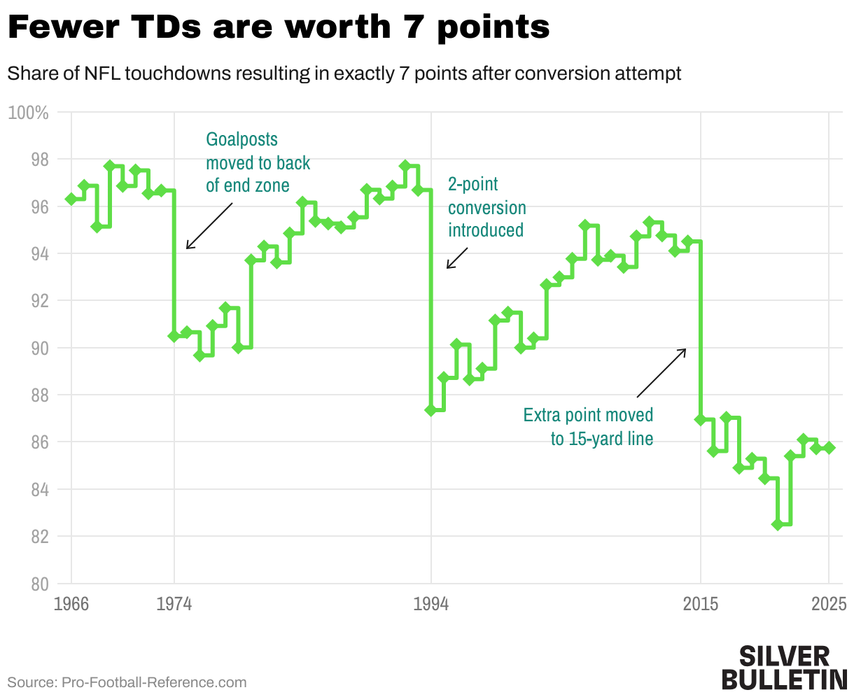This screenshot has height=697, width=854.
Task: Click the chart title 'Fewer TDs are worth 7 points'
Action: (279, 28)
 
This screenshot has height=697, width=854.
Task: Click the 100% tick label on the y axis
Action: (29, 113)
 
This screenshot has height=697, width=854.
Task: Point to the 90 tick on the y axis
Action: (38, 348)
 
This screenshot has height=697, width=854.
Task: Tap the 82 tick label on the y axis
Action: (38, 537)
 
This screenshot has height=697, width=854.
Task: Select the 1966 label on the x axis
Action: (71, 604)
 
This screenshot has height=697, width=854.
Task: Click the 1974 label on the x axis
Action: (174, 604)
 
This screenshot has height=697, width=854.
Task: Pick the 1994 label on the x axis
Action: (431, 604)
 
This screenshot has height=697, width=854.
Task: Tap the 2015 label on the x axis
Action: (701, 604)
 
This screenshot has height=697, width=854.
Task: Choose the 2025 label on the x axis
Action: (829, 604)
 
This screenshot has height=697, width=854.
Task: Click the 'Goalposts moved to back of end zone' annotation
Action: (258, 162)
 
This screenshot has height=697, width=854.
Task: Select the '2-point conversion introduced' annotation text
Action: (486, 207)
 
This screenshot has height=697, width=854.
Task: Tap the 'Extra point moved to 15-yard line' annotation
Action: (588, 427)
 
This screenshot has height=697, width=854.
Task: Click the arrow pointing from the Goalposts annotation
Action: (209, 226)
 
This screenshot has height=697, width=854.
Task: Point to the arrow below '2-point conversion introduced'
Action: (456, 258)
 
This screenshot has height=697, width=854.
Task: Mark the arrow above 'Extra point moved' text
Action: (661, 373)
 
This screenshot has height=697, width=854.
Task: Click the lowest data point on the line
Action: (778, 524)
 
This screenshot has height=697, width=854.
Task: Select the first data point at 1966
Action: (71, 199)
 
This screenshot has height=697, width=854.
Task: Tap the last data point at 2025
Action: (829, 448)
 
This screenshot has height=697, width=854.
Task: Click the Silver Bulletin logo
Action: (783, 667)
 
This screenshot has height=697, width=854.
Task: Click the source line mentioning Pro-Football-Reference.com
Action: (127, 682)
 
